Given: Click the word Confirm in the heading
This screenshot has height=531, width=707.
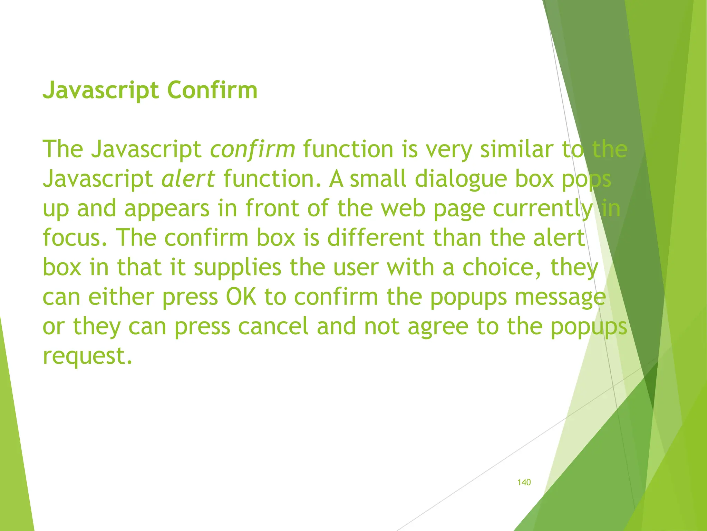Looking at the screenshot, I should [212, 90].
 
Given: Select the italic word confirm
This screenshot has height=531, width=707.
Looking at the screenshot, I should [253, 150].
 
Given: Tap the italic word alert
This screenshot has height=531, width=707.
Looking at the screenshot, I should [188, 179].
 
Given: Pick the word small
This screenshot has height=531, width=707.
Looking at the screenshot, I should [378, 179].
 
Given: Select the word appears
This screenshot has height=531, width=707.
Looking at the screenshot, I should [167, 209].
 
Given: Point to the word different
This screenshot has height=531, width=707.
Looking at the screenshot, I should [376, 238].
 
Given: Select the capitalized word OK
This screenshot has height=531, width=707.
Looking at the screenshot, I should [241, 297].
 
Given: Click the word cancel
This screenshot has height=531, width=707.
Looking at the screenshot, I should [273, 326].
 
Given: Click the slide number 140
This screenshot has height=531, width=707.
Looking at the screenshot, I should [524, 482].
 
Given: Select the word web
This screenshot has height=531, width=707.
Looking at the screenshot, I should [403, 209].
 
